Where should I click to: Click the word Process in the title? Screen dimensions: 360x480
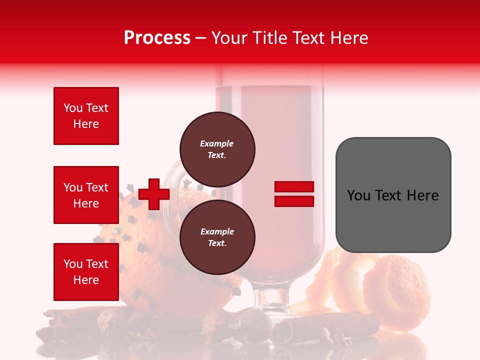(x=157, y=38)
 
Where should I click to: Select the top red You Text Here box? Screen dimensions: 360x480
(x=86, y=116)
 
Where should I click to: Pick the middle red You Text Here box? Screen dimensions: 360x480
(x=86, y=195)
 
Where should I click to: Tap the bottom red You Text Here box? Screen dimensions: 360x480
(x=86, y=272)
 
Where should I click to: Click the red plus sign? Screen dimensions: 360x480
(x=154, y=194)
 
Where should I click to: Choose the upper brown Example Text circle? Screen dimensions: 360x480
(x=217, y=149)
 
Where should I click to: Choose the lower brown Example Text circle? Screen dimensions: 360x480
(x=217, y=237)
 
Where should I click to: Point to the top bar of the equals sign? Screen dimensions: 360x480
(x=294, y=187)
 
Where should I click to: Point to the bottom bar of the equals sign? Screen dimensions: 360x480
(x=294, y=201)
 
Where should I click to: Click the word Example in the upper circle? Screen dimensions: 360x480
(x=217, y=143)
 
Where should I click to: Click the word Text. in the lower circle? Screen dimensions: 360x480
(x=217, y=243)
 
